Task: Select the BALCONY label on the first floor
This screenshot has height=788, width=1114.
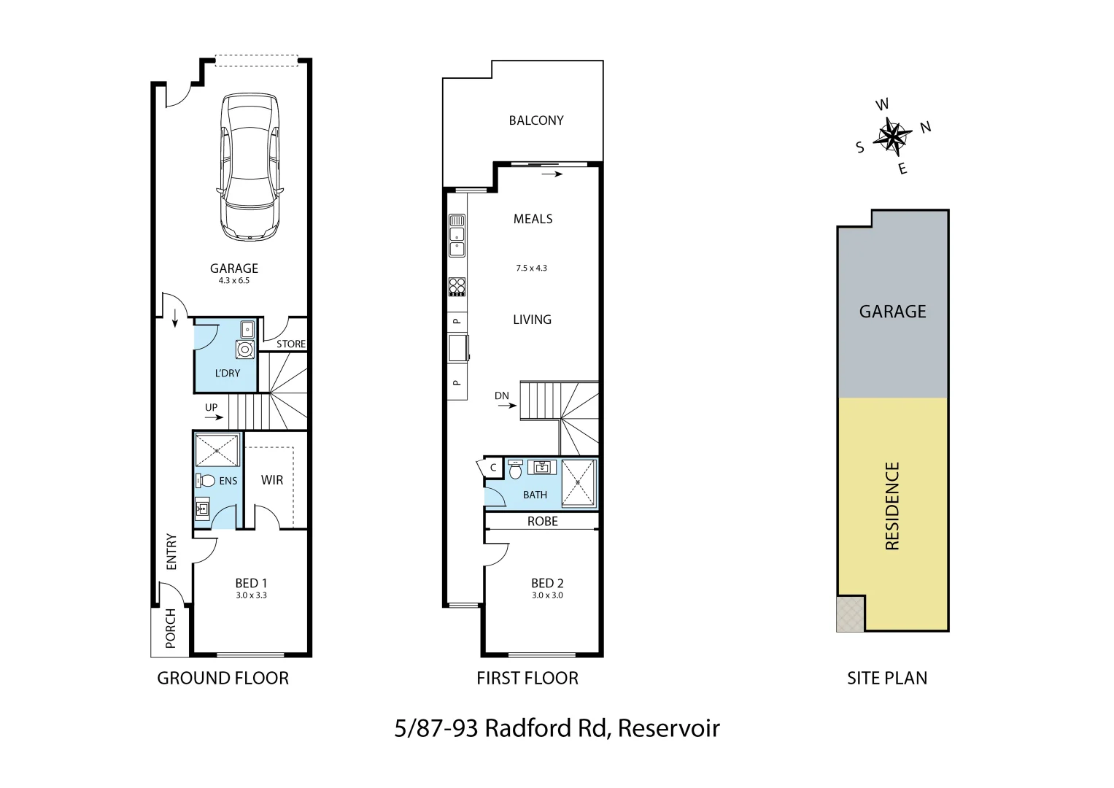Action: coord(536,120)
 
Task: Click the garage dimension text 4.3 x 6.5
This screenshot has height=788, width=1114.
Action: coord(234,281)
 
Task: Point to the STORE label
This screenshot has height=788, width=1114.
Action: coord(291,344)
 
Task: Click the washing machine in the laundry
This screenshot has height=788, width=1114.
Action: coord(245,349)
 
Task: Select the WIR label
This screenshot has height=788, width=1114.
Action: coord(272,480)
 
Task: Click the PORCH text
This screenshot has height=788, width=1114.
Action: coord(171,628)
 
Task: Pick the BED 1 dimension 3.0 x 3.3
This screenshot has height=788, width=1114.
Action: coord(251,595)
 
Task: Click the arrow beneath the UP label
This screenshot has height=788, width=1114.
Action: coord(214,418)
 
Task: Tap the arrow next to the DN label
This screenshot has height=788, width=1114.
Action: coord(507,406)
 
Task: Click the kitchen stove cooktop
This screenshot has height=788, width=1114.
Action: coord(457,287)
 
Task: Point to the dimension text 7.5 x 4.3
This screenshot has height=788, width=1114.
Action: coord(531,269)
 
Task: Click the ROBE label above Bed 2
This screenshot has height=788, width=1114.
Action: coord(542,521)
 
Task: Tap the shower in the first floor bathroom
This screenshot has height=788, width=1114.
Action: coord(579,483)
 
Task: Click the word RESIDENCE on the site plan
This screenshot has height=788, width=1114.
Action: coord(891,506)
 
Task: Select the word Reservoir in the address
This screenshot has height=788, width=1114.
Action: coord(669,728)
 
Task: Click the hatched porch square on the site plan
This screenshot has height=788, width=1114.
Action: coord(850,614)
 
